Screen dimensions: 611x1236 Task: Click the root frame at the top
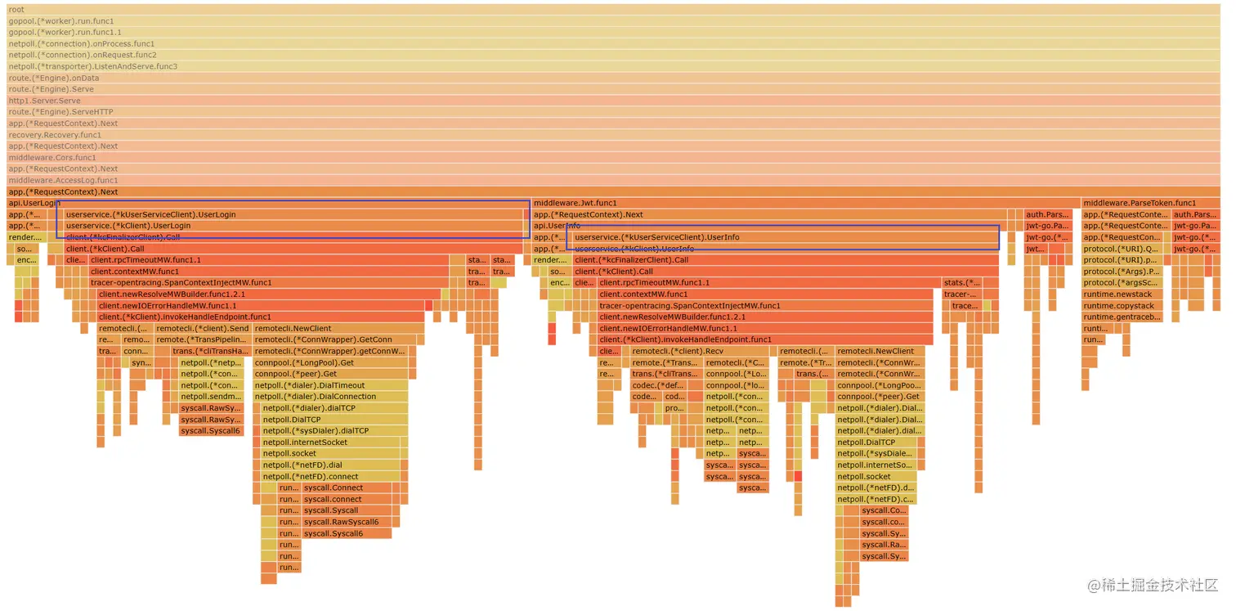[613, 10]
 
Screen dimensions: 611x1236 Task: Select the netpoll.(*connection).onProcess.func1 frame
[613, 44]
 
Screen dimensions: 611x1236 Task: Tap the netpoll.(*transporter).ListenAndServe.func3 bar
[613, 67]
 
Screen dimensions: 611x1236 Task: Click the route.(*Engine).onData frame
[613, 79]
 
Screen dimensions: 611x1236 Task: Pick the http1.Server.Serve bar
[613, 101]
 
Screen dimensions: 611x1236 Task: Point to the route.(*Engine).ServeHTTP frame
[613, 112]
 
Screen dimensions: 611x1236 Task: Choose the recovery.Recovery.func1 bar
[613, 135]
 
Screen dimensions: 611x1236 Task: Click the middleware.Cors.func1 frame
[613, 158]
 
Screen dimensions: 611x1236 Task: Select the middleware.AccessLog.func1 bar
[613, 181]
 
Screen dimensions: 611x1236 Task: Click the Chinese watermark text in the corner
[1153, 586]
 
